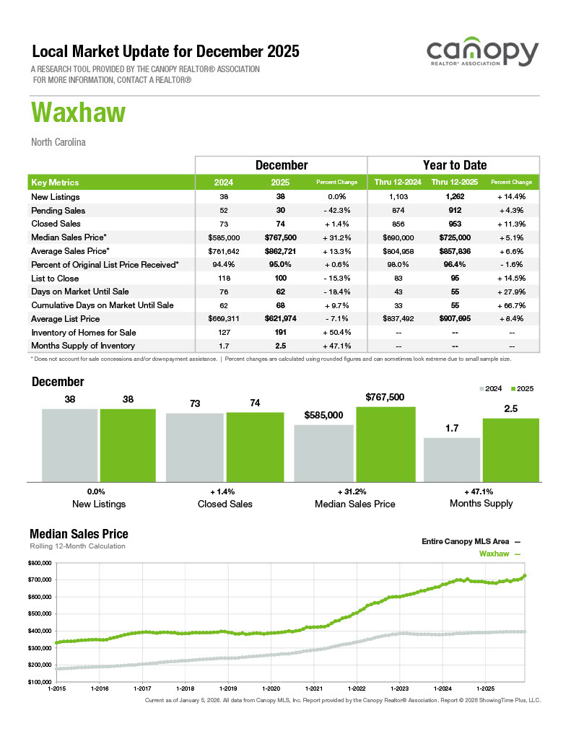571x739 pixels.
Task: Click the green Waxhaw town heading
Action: click(x=79, y=113)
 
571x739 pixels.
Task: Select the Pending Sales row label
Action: click(x=58, y=211)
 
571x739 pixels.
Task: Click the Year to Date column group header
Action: click(x=454, y=165)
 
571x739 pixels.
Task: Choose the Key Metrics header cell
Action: click(x=56, y=183)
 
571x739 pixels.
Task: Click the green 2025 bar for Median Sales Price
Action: click(x=385, y=443)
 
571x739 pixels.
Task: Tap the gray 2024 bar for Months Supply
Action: click(x=451, y=459)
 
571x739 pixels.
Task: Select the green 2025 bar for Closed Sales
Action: click(x=255, y=446)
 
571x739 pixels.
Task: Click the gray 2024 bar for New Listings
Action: click(x=69, y=445)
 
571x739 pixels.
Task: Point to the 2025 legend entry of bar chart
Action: click(x=523, y=389)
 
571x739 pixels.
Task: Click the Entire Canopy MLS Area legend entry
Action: click(x=470, y=541)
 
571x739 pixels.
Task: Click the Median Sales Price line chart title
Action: click(x=79, y=534)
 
